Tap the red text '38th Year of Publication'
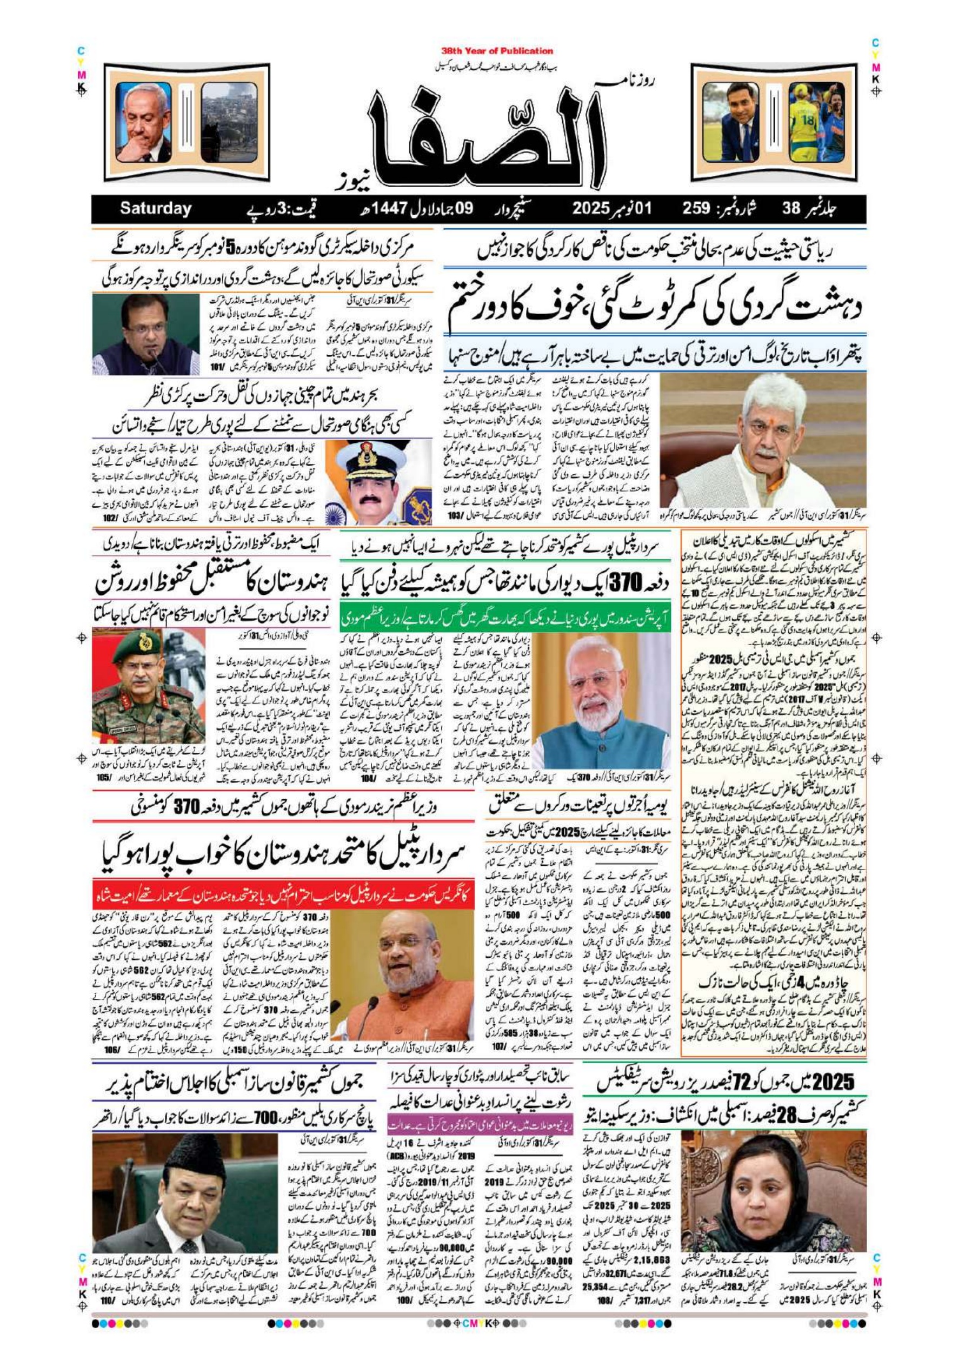pyautogui.click(x=497, y=51)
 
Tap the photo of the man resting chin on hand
pyautogui.click(x=144, y=122)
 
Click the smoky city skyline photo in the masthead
pyautogui.click(x=229, y=122)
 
